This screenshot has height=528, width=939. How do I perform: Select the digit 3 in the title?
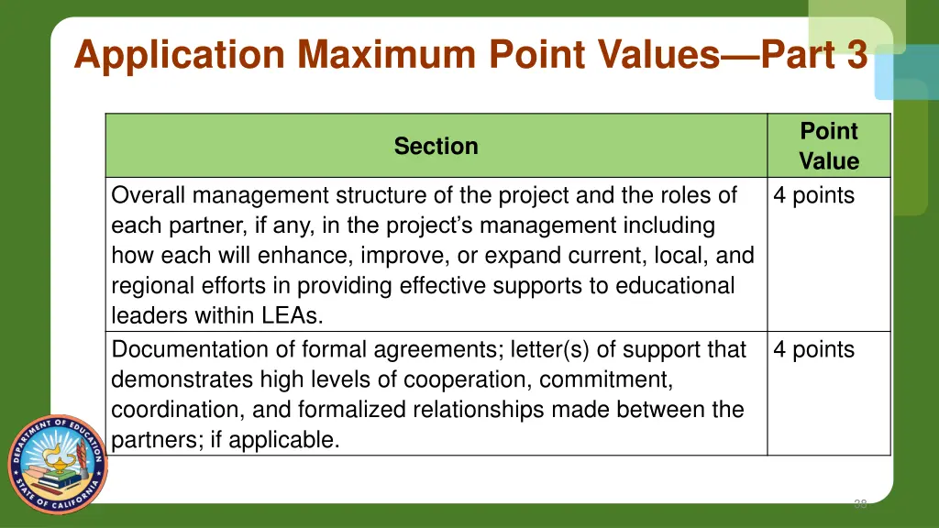(x=856, y=54)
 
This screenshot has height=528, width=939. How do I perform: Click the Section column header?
(x=436, y=146)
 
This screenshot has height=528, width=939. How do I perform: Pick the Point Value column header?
(x=828, y=146)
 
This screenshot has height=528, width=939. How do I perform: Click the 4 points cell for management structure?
(x=813, y=195)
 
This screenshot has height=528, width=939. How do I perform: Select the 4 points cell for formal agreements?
(x=813, y=349)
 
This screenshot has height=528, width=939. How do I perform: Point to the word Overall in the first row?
(x=149, y=195)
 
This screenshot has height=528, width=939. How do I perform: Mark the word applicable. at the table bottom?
(x=284, y=439)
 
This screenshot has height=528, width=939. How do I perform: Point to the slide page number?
(x=860, y=503)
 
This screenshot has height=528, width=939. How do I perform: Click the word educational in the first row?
(x=675, y=286)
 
